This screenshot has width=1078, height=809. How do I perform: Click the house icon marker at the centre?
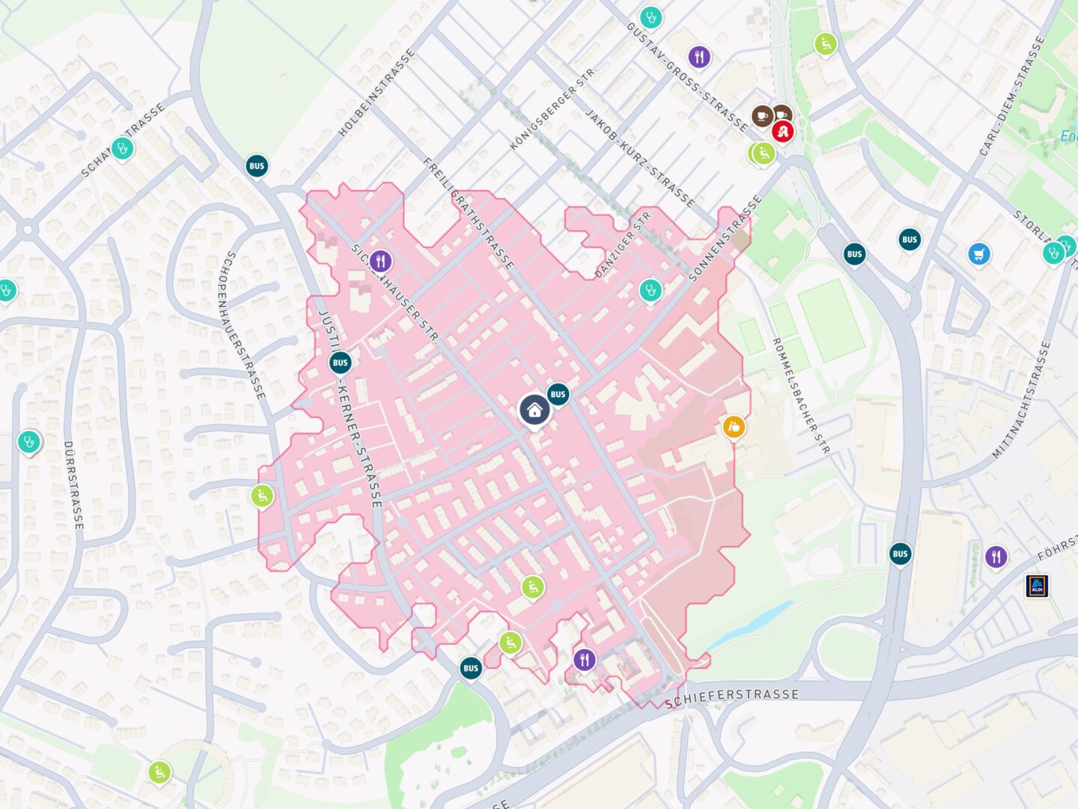[x=534, y=410]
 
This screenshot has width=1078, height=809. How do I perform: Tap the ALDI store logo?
[x=1037, y=586]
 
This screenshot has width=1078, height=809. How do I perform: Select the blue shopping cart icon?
[x=978, y=254]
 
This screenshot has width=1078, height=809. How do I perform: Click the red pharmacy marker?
[x=783, y=132]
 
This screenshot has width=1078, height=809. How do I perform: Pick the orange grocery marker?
[x=734, y=427]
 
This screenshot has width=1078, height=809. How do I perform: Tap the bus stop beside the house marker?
[x=558, y=395]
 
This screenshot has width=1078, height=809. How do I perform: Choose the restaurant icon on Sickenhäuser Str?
[x=381, y=261]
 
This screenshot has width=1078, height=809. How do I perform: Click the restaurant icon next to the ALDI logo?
[x=995, y=557]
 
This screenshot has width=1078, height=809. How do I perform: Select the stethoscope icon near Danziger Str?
[x=650, y=289]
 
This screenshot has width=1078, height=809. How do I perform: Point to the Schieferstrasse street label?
[x=731, y=698]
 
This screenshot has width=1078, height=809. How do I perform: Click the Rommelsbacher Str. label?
[x=800, y=396]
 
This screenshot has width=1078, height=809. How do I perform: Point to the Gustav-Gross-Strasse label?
[x=686, y=76]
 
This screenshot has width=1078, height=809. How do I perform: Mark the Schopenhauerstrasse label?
[x=241, y=324]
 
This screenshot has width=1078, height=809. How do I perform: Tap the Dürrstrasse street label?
[x=73, y=485]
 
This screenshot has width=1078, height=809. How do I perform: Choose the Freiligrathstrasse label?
[x=469, y=213]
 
